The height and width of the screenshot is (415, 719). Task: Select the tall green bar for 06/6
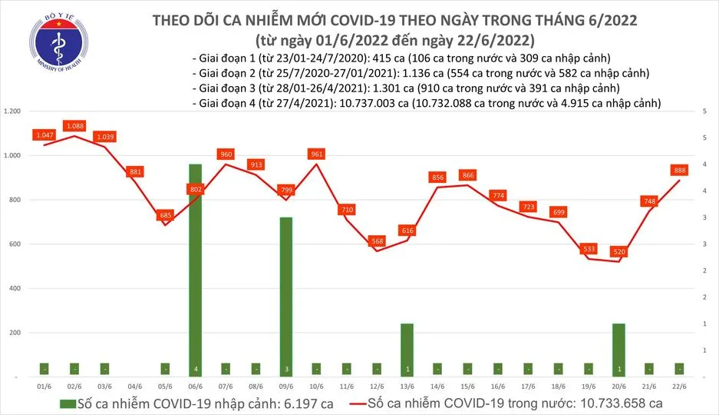tap(195, 269)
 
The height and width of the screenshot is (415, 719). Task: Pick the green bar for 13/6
tap(407, 350)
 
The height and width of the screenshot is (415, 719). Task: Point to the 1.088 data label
tap(75, 125)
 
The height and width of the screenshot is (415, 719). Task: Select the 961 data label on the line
tap(314, 154)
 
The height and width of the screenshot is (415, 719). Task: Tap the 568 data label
tap(376, 241)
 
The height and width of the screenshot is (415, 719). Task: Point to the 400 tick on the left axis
tap(16, 288)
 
